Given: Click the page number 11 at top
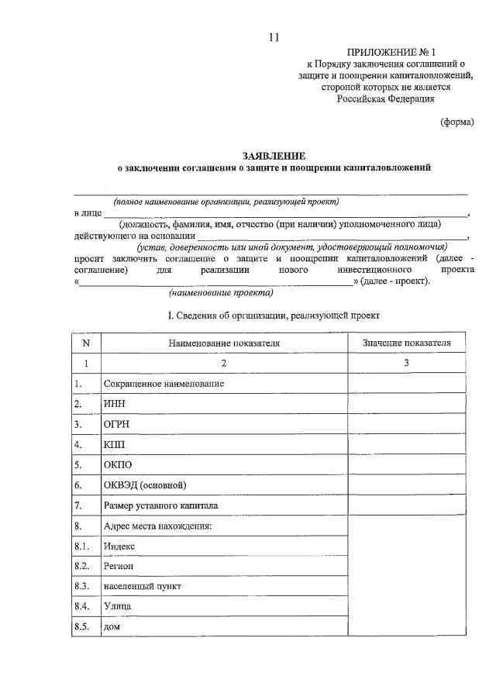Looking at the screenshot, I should (x=273, y=36).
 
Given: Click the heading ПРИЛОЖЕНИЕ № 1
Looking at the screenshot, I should (x=385, y=52).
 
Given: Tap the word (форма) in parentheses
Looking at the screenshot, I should (x=456, y=122).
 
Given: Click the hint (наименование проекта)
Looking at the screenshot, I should (x=220, y=294).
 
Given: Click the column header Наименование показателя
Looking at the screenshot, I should (x=224, y=343).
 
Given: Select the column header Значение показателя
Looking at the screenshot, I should (x=406, y=343).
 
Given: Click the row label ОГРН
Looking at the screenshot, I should (x=116, y=425).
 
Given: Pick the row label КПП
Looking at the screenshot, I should (x=113, y=445).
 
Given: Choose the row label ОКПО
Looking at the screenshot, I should (x=117, y=465).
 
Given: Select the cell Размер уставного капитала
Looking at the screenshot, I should (x=160, y=505).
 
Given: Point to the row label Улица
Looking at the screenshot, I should (x=117, y=605).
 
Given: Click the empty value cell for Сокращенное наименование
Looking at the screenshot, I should (x=406, y=384).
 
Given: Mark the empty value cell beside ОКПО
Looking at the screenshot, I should (x=406, y=465).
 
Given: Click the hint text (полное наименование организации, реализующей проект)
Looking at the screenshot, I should (x=226, y=202).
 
